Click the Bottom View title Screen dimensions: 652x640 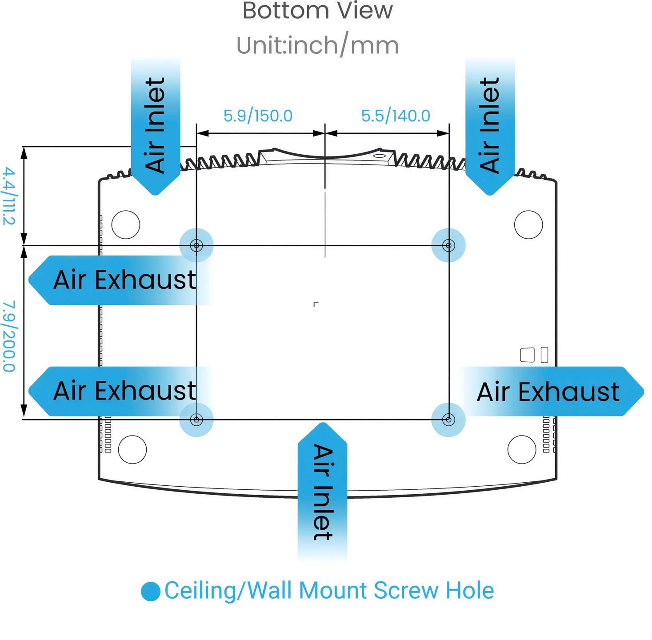317,11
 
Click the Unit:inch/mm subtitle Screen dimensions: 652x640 317,45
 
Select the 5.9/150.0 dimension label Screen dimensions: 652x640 258,116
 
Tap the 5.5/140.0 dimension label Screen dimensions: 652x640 396,116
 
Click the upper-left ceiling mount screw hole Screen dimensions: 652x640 196,245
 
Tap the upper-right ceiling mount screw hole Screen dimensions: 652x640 448,245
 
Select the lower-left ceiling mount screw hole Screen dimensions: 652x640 196,420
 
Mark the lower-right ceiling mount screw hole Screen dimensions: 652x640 448,420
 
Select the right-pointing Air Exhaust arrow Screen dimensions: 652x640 552,391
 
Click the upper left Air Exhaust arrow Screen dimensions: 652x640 120,280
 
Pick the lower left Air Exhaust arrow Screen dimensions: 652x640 120,391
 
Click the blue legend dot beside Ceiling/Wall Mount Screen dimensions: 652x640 151,592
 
